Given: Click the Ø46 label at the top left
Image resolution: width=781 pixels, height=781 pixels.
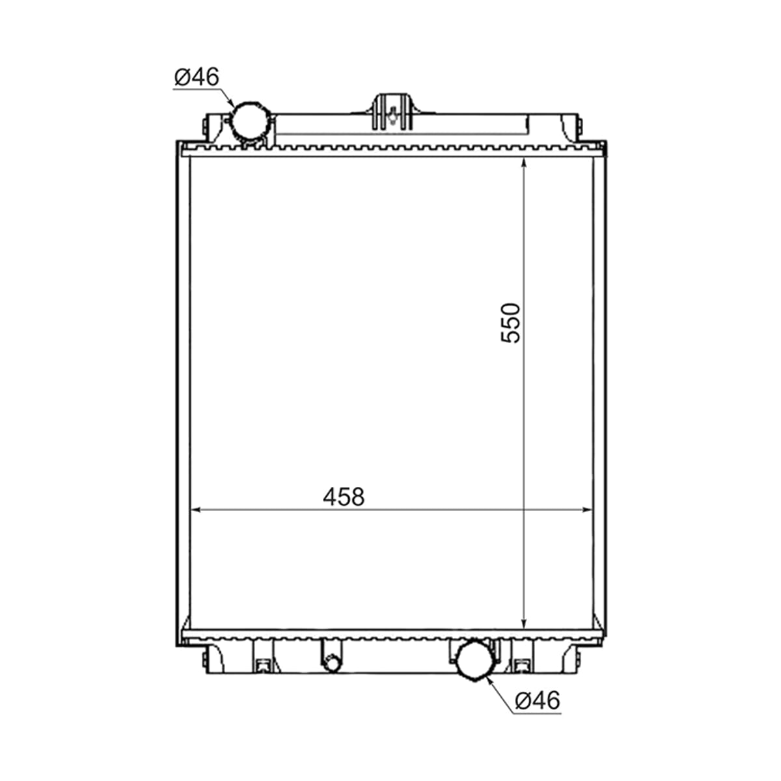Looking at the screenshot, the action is [x=197, y=77].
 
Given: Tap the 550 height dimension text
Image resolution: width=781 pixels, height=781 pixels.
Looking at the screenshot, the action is [x=510, y=323].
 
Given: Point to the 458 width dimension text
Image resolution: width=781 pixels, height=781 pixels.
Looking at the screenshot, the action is [x=344, y=497].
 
